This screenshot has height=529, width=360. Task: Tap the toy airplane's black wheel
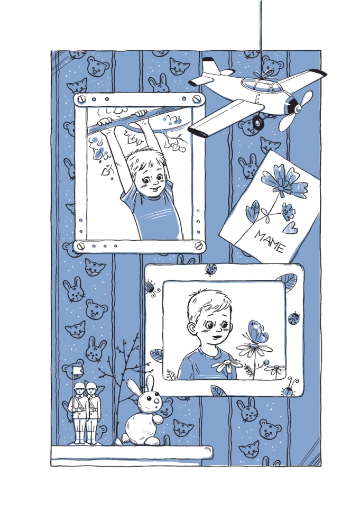point(258,123)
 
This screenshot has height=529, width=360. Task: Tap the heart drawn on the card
point(290,228)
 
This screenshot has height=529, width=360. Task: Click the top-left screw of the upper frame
point(81,99)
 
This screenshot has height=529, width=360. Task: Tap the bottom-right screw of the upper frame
point(199,245)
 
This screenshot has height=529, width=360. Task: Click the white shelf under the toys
point(132,452)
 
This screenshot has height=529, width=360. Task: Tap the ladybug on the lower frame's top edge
point(211,269)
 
